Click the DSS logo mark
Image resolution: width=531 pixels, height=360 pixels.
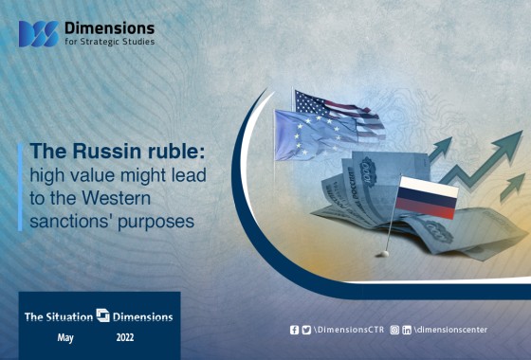point(39,34)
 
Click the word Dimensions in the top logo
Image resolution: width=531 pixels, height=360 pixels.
point(109,28)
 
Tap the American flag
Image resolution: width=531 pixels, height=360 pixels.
point(339,114)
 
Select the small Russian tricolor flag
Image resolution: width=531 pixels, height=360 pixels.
point(427,197)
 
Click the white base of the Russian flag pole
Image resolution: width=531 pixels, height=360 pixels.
point(385,254)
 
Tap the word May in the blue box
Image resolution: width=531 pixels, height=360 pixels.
point(65,337)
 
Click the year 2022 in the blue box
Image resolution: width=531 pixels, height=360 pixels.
point(125,337)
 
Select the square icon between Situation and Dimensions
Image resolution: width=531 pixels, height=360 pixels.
point(102,315)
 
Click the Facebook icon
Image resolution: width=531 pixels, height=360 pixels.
point(294,330)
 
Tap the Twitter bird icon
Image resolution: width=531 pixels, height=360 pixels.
point(306,330)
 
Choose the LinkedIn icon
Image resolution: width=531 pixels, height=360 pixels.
point(407,330)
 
